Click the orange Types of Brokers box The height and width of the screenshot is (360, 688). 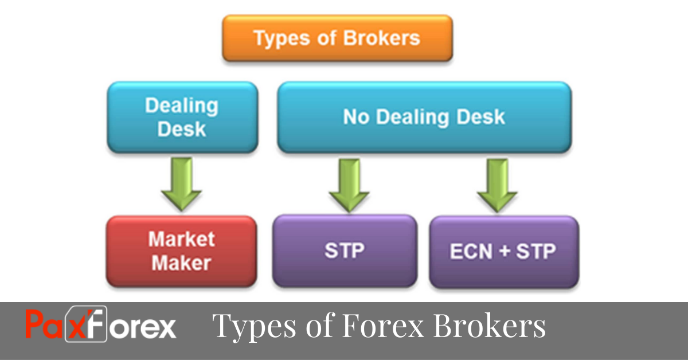coord(337,38)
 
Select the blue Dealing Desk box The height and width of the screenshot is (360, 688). coord(182,118)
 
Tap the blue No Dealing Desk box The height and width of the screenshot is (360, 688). coord(424,118)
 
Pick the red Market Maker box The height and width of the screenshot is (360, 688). coord(181,251)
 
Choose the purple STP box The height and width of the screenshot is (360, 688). coord(345,251)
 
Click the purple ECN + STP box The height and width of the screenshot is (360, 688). coord(503,251)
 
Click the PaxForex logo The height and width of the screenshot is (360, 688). coord(101,325)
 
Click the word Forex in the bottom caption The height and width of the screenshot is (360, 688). coord(383,326)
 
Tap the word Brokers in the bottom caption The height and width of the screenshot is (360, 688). coord(489,326)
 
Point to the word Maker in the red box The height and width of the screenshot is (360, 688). coord(181,263)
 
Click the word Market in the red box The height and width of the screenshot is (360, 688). coord(181,239)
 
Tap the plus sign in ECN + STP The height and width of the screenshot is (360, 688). coord(504,252)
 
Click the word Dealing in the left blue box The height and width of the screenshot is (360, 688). coord(182,106)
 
